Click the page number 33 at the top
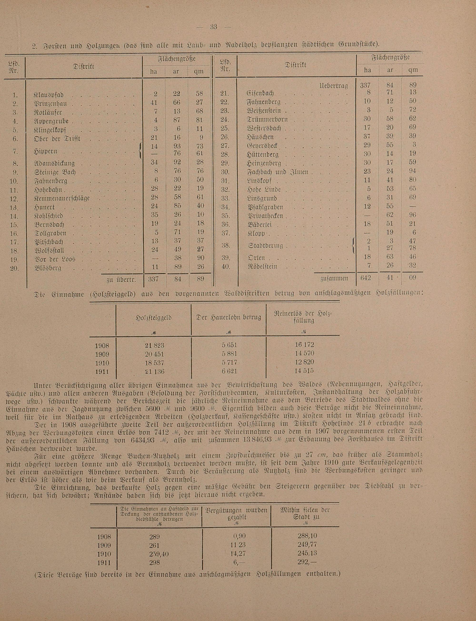(213, 27)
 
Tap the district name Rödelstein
(262, 267)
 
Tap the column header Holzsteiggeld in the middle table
(154, 318)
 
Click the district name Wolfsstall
(49, 251)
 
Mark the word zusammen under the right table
(334, 278)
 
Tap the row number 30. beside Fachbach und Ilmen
(226, 172)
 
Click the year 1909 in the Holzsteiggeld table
(102, 354)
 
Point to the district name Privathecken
(265, 216)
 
